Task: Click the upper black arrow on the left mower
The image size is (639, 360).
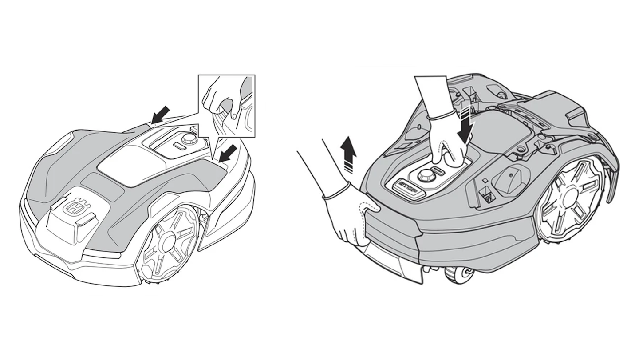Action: tap(160, 115)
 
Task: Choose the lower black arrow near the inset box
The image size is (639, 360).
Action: tap(228, 154)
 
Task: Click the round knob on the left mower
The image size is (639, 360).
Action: tap(188, 139)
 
